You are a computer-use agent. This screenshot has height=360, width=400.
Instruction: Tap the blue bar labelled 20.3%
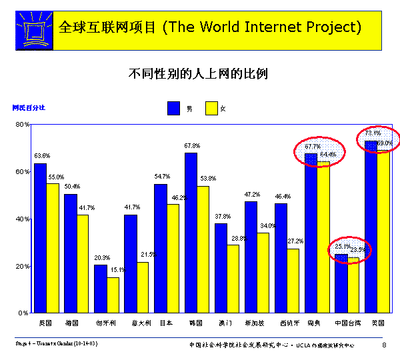pos(100,288)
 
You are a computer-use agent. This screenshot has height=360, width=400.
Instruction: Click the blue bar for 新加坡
pos(251,257)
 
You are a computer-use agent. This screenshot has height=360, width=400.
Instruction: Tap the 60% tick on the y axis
pos(22,171)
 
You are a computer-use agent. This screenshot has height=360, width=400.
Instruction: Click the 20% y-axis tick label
pos(22,266)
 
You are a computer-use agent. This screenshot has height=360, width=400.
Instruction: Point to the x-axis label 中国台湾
pos(348,322)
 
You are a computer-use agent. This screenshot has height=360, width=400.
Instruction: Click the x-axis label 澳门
pos(221,322)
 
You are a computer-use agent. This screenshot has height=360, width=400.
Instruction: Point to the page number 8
pos(384,345)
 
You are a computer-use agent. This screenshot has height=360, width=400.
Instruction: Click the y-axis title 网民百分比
pos(29,107)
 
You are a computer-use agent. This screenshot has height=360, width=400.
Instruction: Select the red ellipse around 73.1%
pos(378,139)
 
